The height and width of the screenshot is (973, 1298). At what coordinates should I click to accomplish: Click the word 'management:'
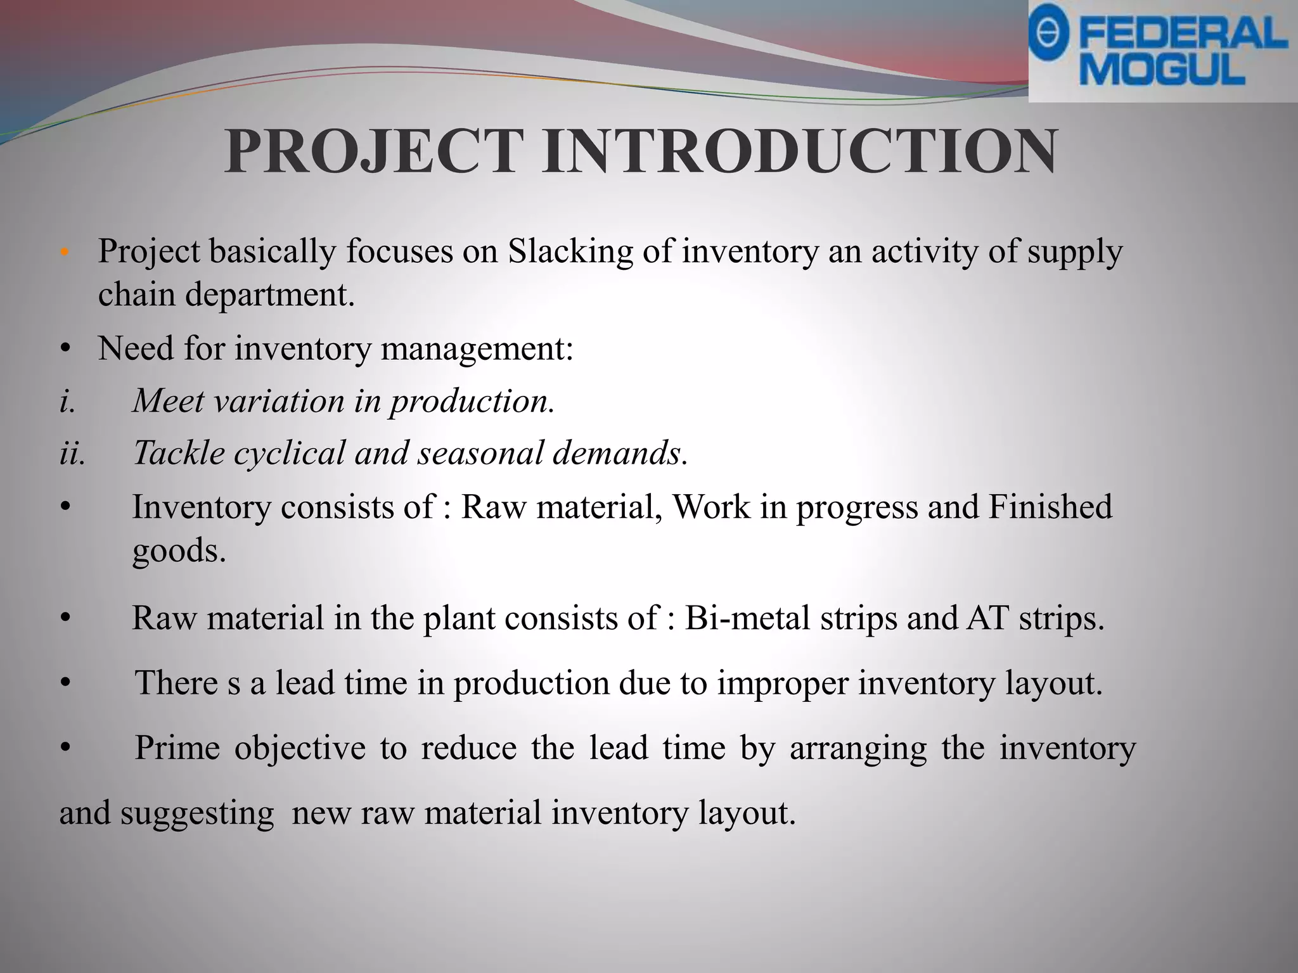pyautogui.click(x=476, y=348)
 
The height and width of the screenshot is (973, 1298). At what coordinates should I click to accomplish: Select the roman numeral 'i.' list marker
pyautogui.click(x=67, y=401)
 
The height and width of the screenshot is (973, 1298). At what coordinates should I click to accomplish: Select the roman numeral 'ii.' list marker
pyautogui.click(x=72, y=453)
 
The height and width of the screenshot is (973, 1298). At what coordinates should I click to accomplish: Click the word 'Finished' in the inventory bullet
pyautogui.click(x=1050, y=507)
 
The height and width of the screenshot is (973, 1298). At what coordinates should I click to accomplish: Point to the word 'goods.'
pyautogui.click(x=179, y=550)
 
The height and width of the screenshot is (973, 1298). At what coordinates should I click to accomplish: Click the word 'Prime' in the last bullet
pyautogui.click(x=177, y=747)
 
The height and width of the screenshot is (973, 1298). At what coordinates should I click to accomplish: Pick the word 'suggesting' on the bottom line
pyautogui.click(x=197, y=813)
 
